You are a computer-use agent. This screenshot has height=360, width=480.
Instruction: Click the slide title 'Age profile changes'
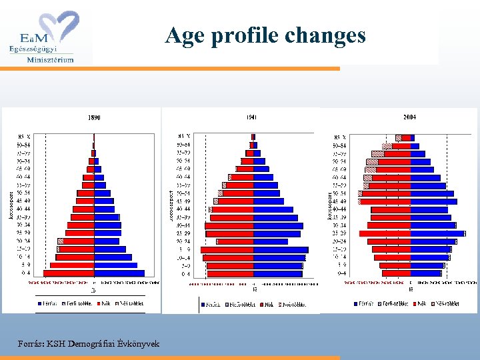[265, 35]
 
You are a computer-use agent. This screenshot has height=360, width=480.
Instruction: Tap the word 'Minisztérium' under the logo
[50, 59]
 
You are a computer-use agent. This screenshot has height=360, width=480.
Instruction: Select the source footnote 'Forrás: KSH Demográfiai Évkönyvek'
[89, 343]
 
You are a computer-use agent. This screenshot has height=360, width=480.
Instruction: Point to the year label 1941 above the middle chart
[251, 117]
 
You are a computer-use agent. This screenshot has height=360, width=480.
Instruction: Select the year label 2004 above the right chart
[409, 117]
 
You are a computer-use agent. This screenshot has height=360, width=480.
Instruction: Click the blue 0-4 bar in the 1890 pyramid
[119, 273]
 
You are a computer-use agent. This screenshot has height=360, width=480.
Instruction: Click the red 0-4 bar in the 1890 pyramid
[69, 273]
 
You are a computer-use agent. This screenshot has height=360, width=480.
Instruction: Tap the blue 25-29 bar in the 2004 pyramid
[437, 233]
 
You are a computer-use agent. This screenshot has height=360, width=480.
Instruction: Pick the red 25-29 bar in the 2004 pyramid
[385, 233]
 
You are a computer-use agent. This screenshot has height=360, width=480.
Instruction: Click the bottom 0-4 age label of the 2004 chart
[341, 273]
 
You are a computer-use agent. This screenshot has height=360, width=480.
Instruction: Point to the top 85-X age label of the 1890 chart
[23, 137]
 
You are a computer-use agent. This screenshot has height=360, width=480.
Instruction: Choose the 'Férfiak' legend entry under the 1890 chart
[48, 303]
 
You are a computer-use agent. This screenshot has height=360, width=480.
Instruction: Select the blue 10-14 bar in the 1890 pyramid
[110, 257]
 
